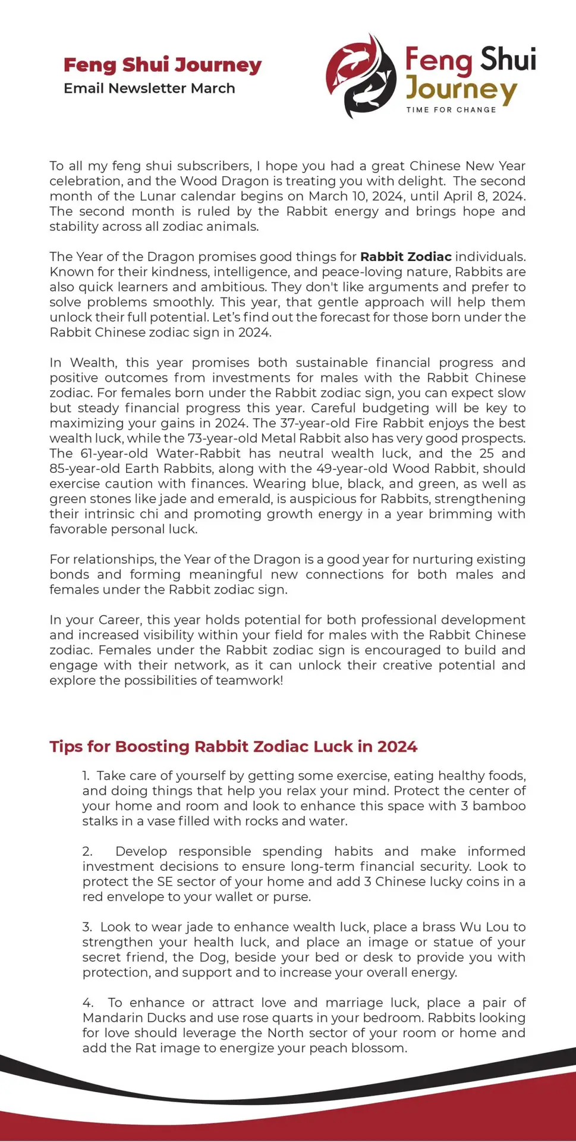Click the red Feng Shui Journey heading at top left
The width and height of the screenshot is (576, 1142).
tap(162, 65)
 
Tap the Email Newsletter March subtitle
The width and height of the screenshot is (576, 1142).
tap(149, 89)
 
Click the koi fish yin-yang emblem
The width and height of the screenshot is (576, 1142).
tap(361, 76)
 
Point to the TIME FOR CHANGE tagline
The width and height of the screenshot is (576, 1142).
tap(451, 110)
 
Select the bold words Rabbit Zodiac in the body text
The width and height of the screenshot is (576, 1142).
tap(406, 257)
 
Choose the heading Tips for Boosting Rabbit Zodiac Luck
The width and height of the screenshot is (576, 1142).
tap(233, 747)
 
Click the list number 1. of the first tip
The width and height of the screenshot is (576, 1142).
tap(86, 776)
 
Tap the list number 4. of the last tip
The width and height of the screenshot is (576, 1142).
tap(87, 1003)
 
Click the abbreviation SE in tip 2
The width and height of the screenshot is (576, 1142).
tap(165, 881)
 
